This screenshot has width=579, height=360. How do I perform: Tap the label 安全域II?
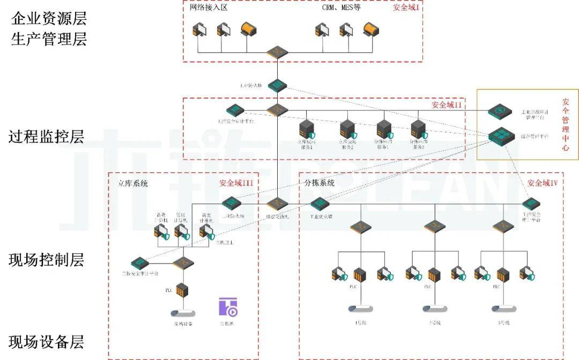[x=447, y=106]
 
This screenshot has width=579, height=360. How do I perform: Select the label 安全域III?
[x=236, y=183]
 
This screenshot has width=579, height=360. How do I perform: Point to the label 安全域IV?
[x=543, y=183]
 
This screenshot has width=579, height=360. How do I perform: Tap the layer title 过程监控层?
[x=47, y=137]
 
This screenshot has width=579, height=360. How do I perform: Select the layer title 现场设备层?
[x=47, y=342]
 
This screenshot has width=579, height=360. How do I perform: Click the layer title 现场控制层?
[x=47, y=260]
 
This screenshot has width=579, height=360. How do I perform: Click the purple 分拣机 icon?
[x=228, y=307]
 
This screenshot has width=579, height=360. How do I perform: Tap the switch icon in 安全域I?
[x=278, y=52]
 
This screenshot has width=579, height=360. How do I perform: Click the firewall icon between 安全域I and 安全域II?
[x=278, y=85]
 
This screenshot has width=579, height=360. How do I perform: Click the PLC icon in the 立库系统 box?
[x=183, y=290]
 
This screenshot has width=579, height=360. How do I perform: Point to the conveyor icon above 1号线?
[x=360, y=309]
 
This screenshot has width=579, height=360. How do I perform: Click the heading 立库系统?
[x=133, y=183]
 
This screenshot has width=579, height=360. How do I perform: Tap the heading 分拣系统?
[x=320, y=183]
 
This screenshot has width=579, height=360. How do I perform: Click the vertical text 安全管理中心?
[x=566, y=124]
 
